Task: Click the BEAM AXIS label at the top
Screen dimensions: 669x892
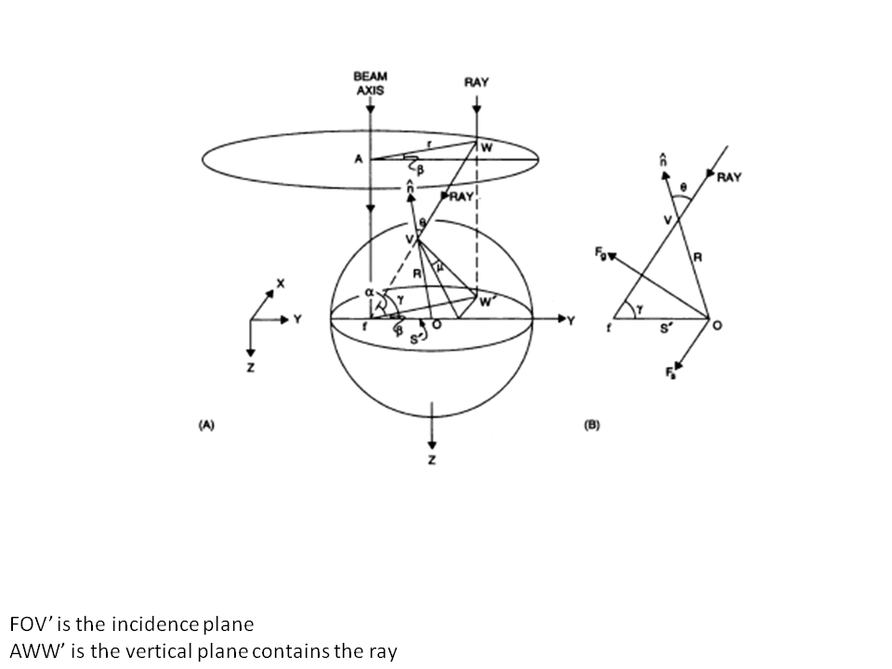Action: pyautogui.click(x=370, y=84)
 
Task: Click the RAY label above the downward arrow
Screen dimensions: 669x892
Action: pyautogui.click(x=476, y=83)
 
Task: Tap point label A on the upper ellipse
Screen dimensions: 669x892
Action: pyautogui.click(x=357, y=160)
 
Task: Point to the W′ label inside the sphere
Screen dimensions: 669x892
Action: pyautogui.click(x=487, y=300)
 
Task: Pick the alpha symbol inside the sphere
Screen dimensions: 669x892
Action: pyautogui.click(x=368, y=290)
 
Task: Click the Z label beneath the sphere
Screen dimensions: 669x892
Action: pyautogui.click(x=430, y=460)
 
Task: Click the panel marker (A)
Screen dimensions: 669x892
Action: pyautogui.click(x=206, y=425)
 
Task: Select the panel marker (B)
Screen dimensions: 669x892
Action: pyautogui.click(x=592, y=425)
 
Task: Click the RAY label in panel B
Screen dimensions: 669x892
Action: pyautogui.click(x=729, y=177)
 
